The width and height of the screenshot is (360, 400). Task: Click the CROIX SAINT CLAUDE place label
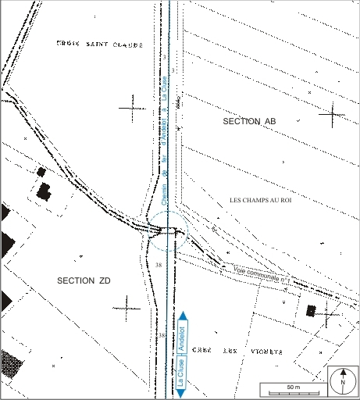coord(99,45)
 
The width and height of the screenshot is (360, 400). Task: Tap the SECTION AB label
coord(249,122)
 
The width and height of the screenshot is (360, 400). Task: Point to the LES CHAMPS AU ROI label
coord(265,201)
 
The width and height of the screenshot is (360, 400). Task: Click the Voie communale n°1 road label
coord(262,274)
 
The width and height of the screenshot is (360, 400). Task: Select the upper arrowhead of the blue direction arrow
coord(182,315)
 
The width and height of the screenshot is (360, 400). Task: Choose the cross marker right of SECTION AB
coord(331,114)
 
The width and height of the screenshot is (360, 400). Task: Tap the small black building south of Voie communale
coord(311,310)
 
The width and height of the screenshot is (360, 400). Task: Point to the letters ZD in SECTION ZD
coord(106,280)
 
